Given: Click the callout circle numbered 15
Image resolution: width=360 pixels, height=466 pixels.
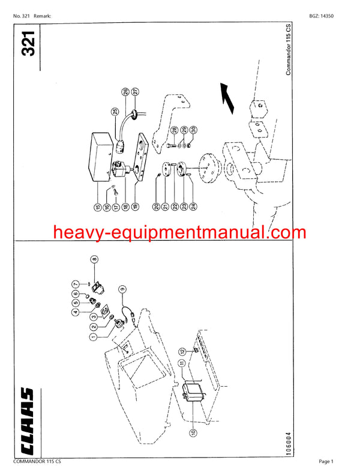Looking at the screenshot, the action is [98, 207].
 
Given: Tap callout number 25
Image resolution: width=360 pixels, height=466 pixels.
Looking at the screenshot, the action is [115, 112].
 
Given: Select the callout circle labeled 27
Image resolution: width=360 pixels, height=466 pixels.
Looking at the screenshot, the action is [135, 92].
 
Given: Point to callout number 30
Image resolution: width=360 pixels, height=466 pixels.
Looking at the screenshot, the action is [194, 130].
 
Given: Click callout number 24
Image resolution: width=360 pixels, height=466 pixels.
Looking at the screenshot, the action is [194, 206].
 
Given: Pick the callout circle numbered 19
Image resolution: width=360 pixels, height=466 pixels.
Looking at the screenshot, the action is [135, 207].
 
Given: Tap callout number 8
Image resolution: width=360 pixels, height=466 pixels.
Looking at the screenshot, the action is [94, 259].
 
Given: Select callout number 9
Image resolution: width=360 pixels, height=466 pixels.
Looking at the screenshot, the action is [122, 289].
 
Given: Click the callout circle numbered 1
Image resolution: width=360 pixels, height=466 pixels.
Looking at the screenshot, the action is [93, 337].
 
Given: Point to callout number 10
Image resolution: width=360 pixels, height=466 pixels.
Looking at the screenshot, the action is [193, 432].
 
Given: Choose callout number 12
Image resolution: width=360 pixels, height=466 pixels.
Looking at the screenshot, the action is [182, 352].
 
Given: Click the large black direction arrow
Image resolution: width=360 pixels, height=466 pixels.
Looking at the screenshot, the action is [227, 98].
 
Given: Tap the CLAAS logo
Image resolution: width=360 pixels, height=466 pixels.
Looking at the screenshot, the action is [27, 421].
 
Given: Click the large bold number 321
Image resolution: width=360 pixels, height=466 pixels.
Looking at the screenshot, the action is [29, 43].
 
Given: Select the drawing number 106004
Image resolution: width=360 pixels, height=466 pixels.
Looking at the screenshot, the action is [289, 444].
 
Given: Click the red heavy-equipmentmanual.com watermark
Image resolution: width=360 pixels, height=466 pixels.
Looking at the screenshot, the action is [179, 232].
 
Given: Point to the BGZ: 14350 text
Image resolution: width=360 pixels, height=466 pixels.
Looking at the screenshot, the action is [322, 16].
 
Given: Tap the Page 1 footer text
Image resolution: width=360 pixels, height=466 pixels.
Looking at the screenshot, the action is [326, 461].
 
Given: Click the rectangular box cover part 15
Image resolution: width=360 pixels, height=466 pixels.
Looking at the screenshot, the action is [101, 157].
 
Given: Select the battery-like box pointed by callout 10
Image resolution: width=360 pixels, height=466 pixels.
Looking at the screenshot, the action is [193, 392].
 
